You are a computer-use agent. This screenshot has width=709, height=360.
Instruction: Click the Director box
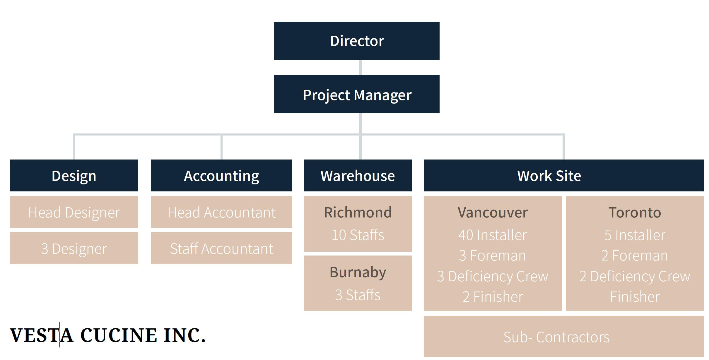357,41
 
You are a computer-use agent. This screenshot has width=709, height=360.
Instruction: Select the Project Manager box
357,94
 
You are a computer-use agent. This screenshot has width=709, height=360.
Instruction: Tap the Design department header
74,176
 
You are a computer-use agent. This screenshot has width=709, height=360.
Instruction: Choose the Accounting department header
221,176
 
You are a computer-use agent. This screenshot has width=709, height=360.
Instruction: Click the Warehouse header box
358,176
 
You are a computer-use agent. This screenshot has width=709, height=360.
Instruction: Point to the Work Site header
563,176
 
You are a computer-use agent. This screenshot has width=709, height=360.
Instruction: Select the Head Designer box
74,212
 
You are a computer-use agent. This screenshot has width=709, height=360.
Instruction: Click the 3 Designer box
74,248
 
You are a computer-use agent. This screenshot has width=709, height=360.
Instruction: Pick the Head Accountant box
221,212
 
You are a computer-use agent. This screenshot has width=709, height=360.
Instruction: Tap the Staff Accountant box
221,248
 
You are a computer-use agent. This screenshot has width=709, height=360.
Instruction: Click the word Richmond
358,212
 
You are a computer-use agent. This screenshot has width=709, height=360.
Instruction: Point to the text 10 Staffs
358,235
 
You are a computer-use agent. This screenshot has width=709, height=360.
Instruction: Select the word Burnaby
358,272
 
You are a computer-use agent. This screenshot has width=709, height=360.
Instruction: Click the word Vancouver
493,212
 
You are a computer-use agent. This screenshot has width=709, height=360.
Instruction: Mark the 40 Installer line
493,235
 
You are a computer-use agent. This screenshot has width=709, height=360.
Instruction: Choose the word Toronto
635,212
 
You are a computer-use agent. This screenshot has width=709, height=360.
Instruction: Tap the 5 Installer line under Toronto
635,235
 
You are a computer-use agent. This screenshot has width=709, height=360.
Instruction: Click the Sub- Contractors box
563,337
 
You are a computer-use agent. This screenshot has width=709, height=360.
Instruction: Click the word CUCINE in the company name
118,335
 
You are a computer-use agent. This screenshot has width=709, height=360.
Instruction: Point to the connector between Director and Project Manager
360,68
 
